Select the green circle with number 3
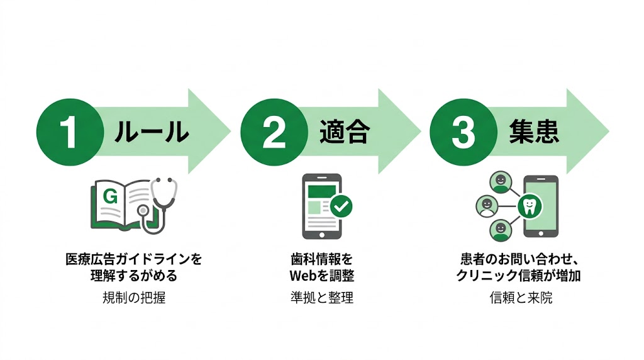(463, 132)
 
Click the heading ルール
(152, 132)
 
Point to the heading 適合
(343, 132)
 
